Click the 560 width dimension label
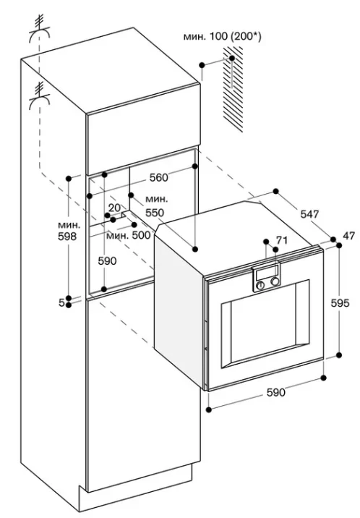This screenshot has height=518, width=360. pos(159,177)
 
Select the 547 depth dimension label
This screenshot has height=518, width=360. pos(309,214)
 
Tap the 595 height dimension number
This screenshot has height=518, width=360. pos(340,302)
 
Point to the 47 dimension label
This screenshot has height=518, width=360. pos(349,236)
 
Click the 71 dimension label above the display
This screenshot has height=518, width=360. pos(282,240)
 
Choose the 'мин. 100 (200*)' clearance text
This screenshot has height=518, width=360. pos(223,36)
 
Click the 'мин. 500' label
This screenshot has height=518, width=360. pos(129,235)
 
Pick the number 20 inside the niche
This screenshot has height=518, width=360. pos(114,208)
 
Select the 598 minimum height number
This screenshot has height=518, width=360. pos(67,236)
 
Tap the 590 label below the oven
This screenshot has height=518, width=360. pos(275,392)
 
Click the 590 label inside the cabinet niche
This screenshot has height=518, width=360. pos(107,261)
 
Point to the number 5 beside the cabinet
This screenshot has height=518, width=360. pos(61,302)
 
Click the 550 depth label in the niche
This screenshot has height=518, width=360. pos(155,213)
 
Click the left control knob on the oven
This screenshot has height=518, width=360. pos(261,286)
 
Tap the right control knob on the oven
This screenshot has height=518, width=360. pos(275,281)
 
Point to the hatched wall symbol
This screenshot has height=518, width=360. pos(233,89)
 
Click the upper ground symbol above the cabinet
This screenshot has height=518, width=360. pos(40,30)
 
